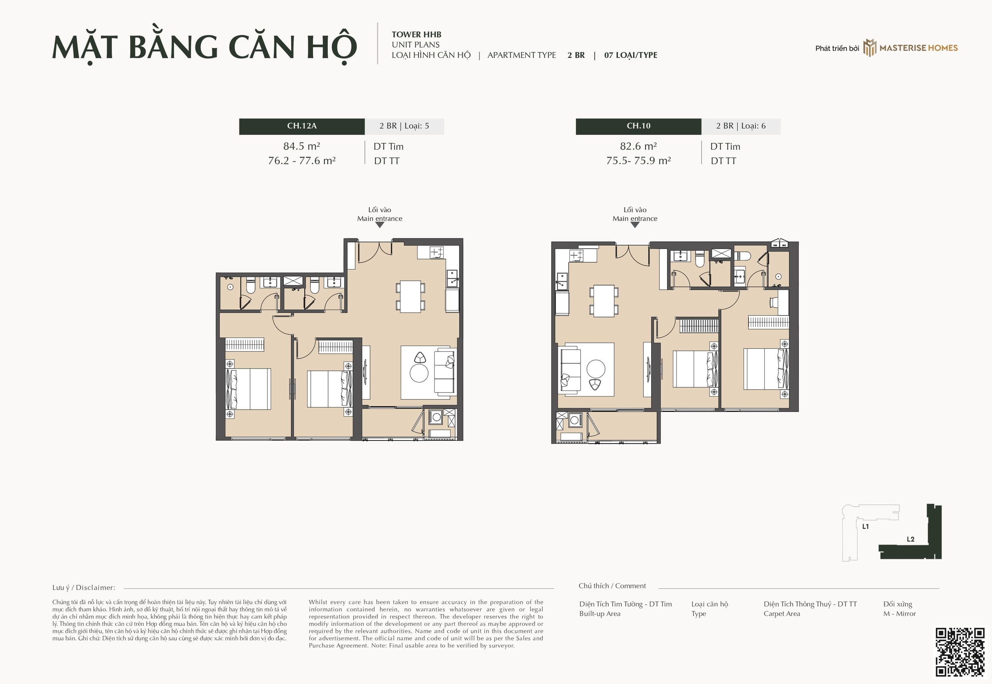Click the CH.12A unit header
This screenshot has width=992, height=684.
click(302, 126)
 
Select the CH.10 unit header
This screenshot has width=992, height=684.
click(638, 126)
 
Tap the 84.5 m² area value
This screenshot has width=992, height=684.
click(302, 146)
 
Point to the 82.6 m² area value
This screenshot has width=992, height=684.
click(638, 146)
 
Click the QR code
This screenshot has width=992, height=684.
click(960, 652)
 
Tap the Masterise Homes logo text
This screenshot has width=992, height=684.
click(918, 48)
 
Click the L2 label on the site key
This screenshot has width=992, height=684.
click(911, 539)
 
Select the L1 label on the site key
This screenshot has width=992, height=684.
click(865, 526)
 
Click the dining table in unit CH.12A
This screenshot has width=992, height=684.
click(410, 296)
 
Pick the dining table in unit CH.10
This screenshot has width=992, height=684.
click(604, 301)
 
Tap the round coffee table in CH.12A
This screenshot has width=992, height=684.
click(419, 373)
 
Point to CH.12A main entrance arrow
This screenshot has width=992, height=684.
click(380, 225)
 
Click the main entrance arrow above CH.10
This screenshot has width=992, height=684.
click(635, 225)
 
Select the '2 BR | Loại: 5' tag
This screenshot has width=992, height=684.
click(404, 126)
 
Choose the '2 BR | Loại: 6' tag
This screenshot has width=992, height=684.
click(741, 126)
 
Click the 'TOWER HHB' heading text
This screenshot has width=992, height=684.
click(416, 35)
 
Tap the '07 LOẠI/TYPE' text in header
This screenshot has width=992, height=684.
click(631, 55)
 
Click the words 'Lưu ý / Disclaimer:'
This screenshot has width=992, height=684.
click(84, 588)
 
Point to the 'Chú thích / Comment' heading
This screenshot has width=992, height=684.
click(612, 586)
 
